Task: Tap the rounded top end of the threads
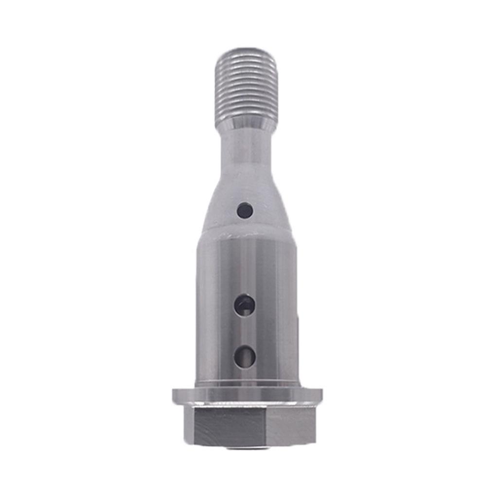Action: [x=246, y=52]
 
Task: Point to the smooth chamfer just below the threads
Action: [x=246, y=124]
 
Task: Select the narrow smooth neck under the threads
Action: [x=246, y=148]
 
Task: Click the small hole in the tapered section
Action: [x=245, y=211]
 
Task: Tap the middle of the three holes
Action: [x=244, y=305]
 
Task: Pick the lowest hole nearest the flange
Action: [x=245, y=356]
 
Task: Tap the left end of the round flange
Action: [x=175, y=396]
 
